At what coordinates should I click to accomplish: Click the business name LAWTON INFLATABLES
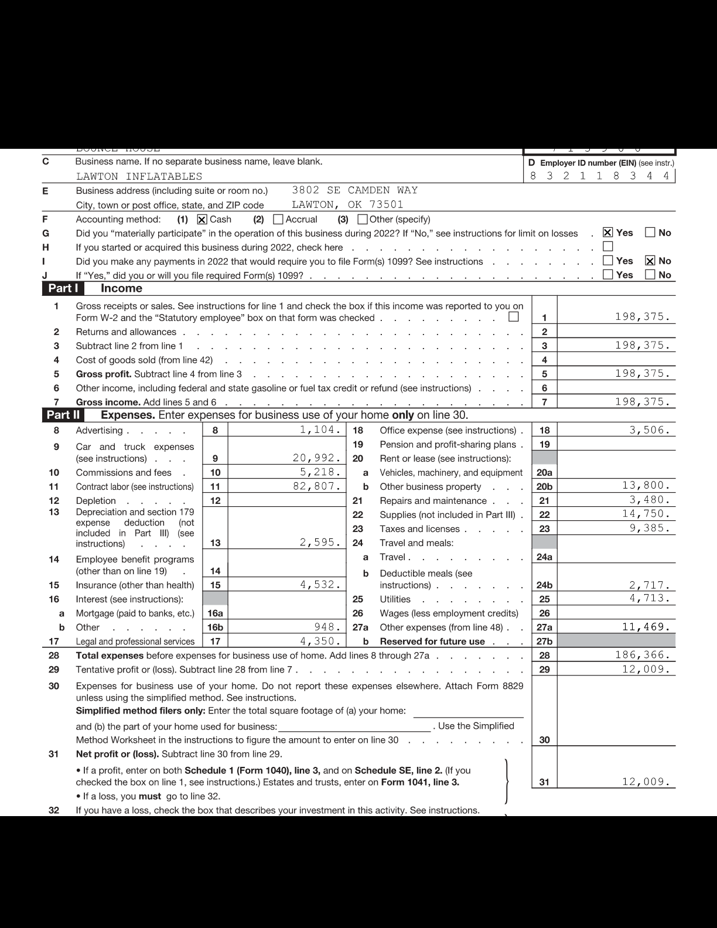click(x=139, y=176)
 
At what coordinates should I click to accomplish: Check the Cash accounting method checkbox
click(x=202, y=220)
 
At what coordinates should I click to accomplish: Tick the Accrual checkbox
click(x=278, y=220)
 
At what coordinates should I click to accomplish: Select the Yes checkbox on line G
click(x=608, y=233)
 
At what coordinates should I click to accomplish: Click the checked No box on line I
click(x=650, y=261)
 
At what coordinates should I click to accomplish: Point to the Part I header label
click(x=63, y=288)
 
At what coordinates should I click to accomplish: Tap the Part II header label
click(x=63, y=415)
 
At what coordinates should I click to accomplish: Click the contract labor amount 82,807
click(x=316, y=486)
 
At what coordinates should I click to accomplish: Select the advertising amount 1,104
click(x=320, y=429)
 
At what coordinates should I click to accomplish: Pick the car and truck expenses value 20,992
click(x=316, y=458)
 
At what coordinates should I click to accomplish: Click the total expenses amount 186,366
click(x=642, y=655)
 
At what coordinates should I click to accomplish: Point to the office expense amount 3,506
click(x=649, y=429)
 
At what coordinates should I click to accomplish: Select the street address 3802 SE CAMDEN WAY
click(x=355, y=190)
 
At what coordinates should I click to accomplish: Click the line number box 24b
click(x=544, y=585)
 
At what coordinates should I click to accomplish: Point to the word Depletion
click(x=96, y=501)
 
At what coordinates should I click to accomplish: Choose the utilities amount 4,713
click(x=649, y=598)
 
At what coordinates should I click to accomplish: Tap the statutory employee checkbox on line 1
click(x=514, y=317)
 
